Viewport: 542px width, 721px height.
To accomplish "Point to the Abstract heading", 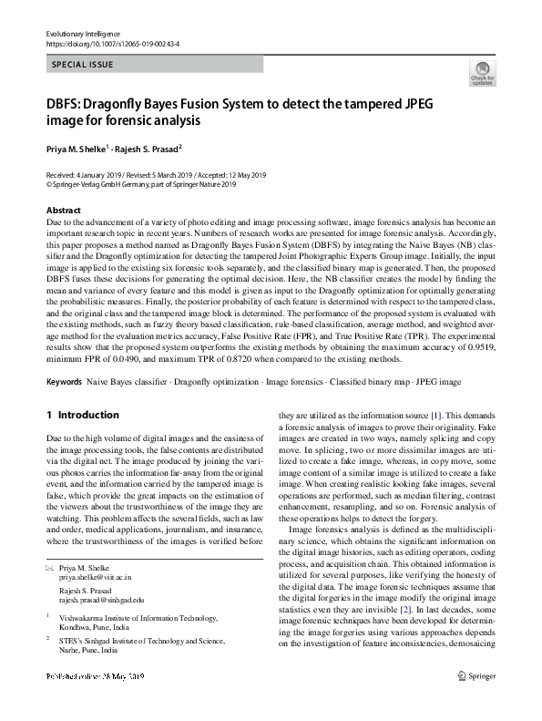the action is click(63, 211).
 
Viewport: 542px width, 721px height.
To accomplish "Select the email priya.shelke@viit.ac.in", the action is click(96, 577).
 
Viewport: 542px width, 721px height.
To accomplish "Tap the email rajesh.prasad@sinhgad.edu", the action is click(102, 599).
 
